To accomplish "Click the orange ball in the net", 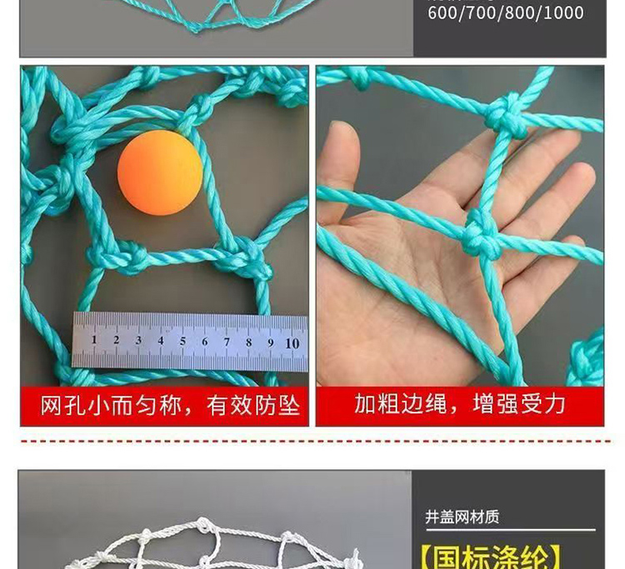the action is pyautogui.click(x=160, y=172).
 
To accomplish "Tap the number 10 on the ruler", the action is pyautogui.click(x=292, y=343).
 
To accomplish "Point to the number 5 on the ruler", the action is pyautogui.click(x=182, y=341).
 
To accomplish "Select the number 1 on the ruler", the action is pyautogui.click(x=94, y=340).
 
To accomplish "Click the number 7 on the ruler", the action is pyautogui.click(x=227, y=342).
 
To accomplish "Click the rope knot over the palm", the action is pyautogui.click(x=482, y=235).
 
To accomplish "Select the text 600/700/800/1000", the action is pyautogui.click(x=506, y=12).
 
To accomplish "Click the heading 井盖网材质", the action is pyautogui.click(x=462, y=517).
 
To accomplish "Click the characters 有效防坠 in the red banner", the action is pyautogui.click(x=253, y=406).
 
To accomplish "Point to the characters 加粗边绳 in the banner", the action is pyautogui.click(x=401, y=403).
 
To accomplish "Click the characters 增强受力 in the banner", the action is pyautogui.click(x=519, y=403).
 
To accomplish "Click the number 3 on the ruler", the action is pyautogui.click(x=138, y=340).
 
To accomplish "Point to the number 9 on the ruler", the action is pyautogui.click(x=271, y=342).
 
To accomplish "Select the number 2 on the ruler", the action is pyautogui.click(x=116, y=340).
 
